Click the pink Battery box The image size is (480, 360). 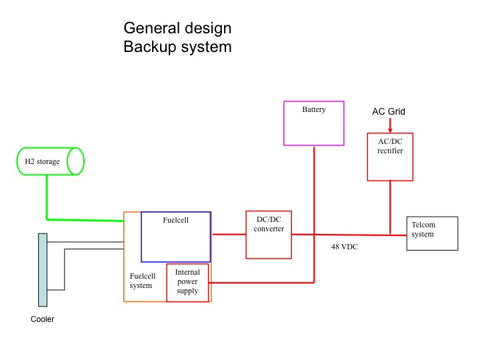click(313, 123)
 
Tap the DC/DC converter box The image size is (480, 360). click(269, 235)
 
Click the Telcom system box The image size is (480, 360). click(433, 233)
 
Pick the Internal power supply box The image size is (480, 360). click(187, 282)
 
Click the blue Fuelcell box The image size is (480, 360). click(176, 237)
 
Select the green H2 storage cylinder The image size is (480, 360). click(49, 161)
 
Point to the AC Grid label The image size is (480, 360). click(389, 111)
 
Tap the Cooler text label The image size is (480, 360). click(43, 319)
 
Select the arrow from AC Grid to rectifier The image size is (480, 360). click(390, 125)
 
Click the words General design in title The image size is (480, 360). click(177, 29)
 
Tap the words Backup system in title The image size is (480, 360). click(177, 47)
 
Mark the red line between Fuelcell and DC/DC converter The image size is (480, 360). click(229, 235)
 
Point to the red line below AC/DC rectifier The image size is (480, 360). click(390, 207)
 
